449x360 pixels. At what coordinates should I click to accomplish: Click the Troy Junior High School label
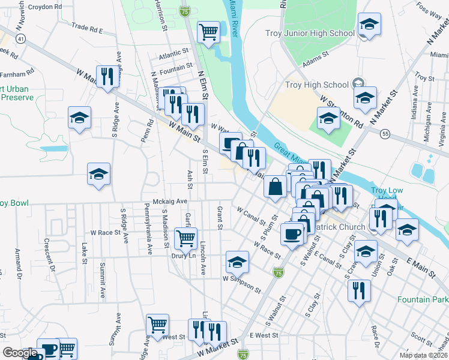click(x=310, y=33)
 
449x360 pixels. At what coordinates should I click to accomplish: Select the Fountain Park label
click(x=422, y=299)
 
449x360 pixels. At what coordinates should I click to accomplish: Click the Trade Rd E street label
click(x=87, y=28)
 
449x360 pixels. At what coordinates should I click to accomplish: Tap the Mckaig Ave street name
click(x=170, y=202)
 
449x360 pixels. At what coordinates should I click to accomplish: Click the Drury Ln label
click(x=184, y=256)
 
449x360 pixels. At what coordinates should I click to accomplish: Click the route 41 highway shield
click(x=21, y=38)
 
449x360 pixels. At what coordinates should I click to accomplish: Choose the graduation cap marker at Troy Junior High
click(x=369, y=25)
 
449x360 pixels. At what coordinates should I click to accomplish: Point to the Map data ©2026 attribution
click(x=424, y=355)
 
